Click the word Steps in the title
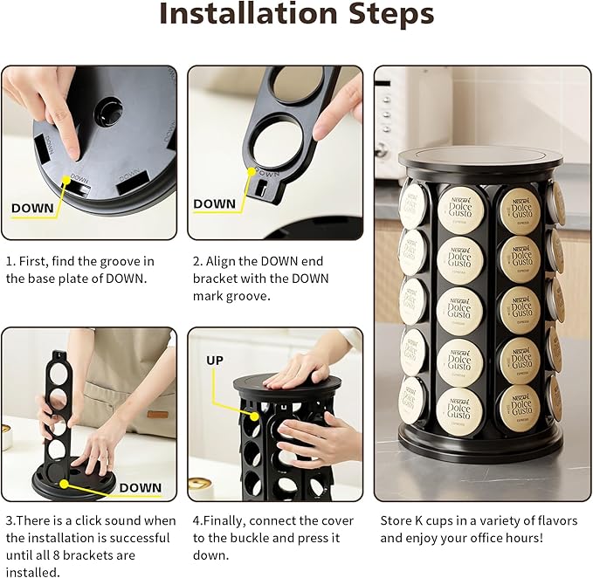(389, 15)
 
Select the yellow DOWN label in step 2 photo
(215, 203)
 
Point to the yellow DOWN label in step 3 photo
(140, 487)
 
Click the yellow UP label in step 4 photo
(215, 360)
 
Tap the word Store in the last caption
(397, 520)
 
